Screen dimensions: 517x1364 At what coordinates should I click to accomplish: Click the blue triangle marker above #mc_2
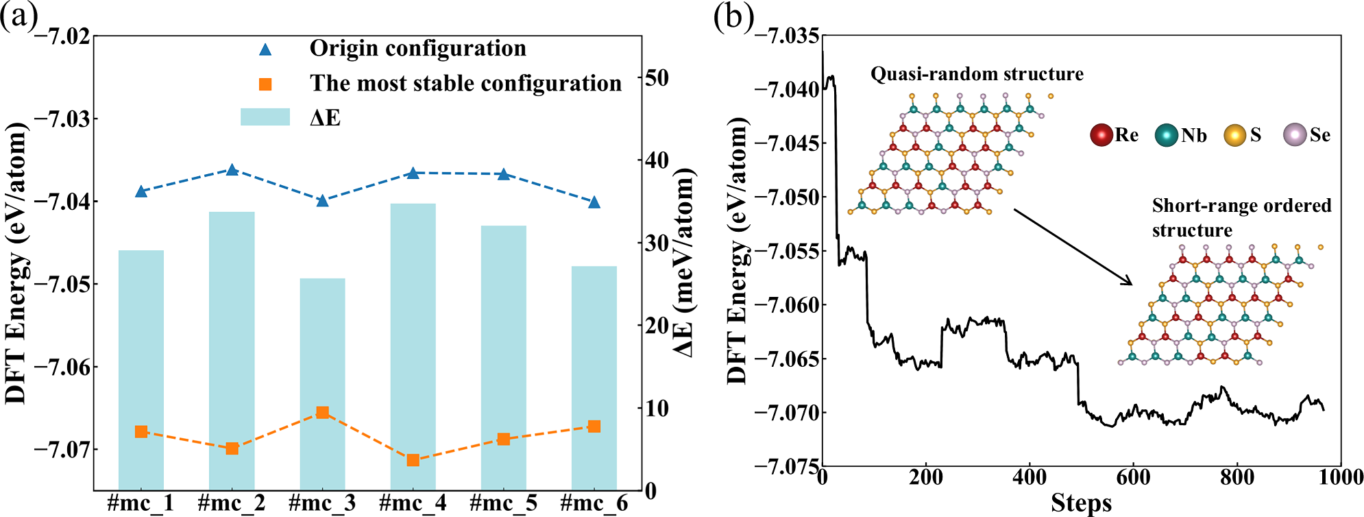pyautogui.click(x=232, y=170)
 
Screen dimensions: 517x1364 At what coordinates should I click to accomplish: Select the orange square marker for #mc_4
pyautogui.click(x=413, y=460)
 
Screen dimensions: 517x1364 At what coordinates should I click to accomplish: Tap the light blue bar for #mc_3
pyautogui.click(x=322, y=384)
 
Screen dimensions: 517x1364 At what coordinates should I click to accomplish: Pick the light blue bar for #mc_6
pyautogui.click(x=594, y=377)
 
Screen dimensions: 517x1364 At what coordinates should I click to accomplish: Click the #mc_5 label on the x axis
pyautogui.click(x=503, y=504)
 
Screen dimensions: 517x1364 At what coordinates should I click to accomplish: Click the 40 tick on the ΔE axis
pyautogui.click(x=657, y=160)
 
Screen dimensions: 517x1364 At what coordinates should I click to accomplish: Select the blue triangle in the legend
pyautogui.click(x=265, y=49)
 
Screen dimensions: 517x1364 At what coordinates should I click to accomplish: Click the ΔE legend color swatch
pyautogui.click(x=265, y=117)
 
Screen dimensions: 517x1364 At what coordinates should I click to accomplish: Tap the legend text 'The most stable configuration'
pyautogui.click(x=465, y=84)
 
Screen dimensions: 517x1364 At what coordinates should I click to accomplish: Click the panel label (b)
pyautogui.click(x=733, y=16)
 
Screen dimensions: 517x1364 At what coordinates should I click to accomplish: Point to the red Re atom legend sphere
pyautogui.click(x=1101, y=135)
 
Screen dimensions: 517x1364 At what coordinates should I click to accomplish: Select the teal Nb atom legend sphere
pyautogui.click(x=1166, y=135)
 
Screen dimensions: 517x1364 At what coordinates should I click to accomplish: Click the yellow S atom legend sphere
pyautogui.click(x=1234, y=135)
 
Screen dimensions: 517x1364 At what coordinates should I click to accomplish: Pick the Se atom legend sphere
pyautogui.click(x=1295, y=135)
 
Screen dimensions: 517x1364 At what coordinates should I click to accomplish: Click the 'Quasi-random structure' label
pyautogui.click(x=977, y=74)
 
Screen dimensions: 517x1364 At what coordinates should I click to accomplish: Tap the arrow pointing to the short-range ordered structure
pyautogui.click(x=1073, y=247)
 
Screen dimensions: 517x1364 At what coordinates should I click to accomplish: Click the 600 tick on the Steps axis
pyautogui.click(x=1133, y=478)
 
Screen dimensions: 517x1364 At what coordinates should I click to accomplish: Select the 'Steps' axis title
pyautogui.click(x=1081, y=503)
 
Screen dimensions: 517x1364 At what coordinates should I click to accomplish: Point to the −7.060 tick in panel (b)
pyautogui.click(x=787, y=305)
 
